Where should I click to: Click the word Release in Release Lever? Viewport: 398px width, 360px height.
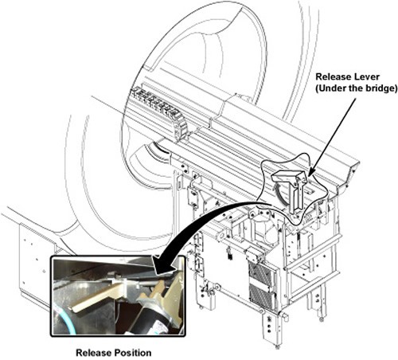(333, 76)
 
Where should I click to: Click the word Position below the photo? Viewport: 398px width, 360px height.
(133, 353)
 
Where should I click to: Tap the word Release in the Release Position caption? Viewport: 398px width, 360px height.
(94, 353)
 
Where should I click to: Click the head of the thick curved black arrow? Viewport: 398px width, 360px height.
(162, 265)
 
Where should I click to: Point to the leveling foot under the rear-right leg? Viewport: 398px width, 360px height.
(322, 319)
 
